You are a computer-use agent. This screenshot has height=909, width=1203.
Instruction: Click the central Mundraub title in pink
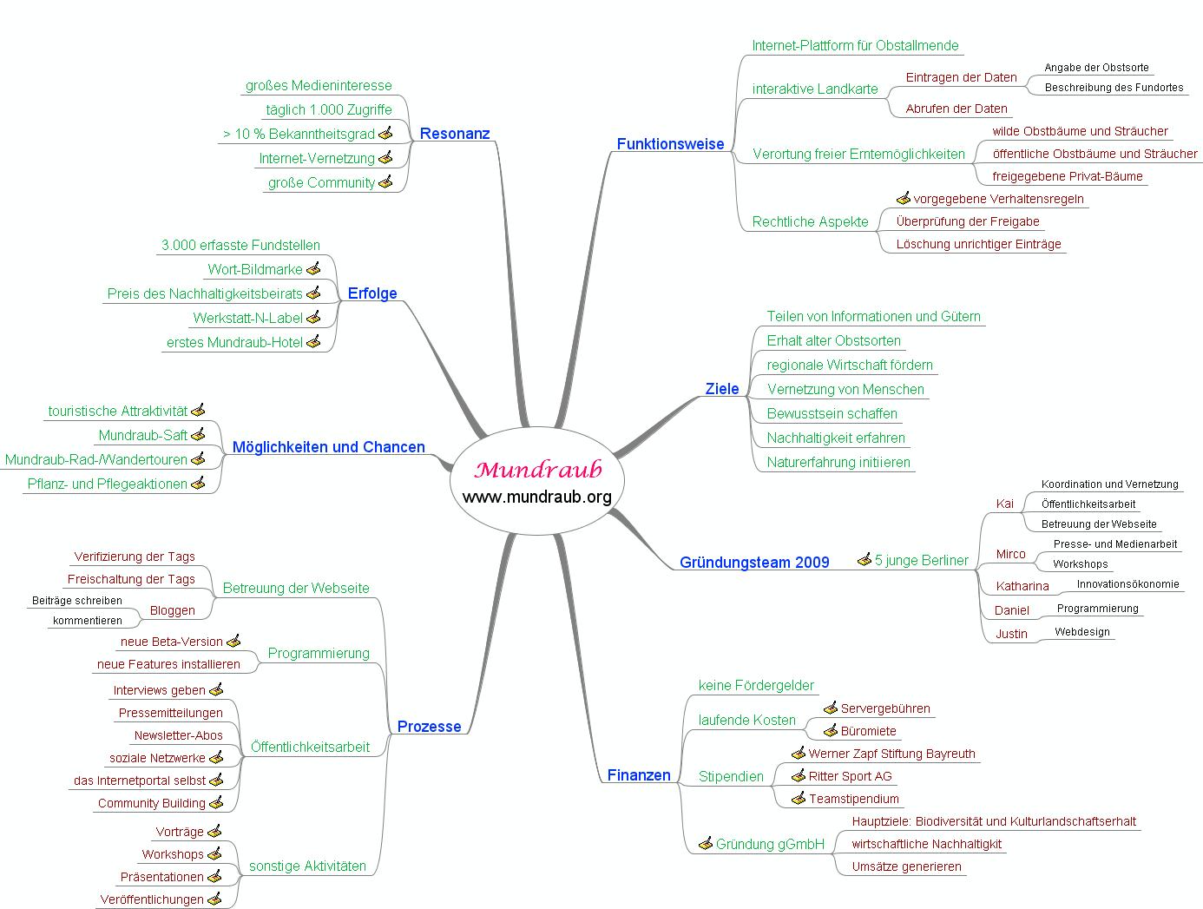[537, 470]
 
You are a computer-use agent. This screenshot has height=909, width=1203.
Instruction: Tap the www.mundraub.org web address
[537, 497]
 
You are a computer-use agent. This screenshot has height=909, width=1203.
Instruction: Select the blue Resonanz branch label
[455, 133]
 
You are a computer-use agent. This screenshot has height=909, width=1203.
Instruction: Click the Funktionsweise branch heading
[670, 143]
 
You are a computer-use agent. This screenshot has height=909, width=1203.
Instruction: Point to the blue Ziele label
[722, 389]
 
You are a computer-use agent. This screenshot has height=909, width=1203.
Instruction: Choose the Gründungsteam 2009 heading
[754, 562]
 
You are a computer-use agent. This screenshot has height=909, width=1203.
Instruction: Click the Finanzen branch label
[639, 774]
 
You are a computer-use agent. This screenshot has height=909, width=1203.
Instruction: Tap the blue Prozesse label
[429, 726]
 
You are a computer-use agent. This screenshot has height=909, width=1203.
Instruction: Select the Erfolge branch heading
[372, 293]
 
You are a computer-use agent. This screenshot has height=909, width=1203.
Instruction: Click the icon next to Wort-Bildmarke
[313, 268]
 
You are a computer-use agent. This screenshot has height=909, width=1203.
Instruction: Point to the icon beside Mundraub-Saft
[198, 435]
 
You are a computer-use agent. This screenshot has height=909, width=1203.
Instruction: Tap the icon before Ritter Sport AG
[799, 775]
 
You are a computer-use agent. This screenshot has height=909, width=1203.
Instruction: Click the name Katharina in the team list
[1022, 586]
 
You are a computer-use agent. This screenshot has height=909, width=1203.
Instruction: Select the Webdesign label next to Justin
[1081, 631]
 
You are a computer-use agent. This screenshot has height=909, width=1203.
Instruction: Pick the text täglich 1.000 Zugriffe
[329, 109]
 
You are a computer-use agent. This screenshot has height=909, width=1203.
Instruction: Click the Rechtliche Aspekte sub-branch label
[810, 221]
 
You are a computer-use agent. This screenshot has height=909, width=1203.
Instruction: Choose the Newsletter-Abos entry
[178, 735]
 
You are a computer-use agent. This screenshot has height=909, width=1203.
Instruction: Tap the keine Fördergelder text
[756, 685]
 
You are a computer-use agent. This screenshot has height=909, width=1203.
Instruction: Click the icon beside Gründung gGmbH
[706, 843]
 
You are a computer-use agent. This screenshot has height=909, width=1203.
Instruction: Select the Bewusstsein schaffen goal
[832, 413]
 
